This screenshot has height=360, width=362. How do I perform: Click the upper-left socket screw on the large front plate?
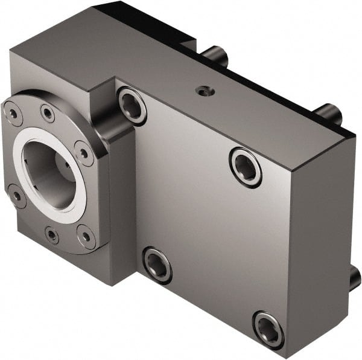132,105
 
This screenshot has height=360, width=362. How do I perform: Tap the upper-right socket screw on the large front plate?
246,167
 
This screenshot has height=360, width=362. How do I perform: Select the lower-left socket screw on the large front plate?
157,265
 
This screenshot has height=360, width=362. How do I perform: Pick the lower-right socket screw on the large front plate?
268,329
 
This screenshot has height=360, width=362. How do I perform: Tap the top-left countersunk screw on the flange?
12,112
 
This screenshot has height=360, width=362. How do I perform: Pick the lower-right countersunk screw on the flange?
86,236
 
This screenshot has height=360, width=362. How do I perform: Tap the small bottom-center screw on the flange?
52,235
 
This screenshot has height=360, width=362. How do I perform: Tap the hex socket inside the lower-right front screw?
268,329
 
